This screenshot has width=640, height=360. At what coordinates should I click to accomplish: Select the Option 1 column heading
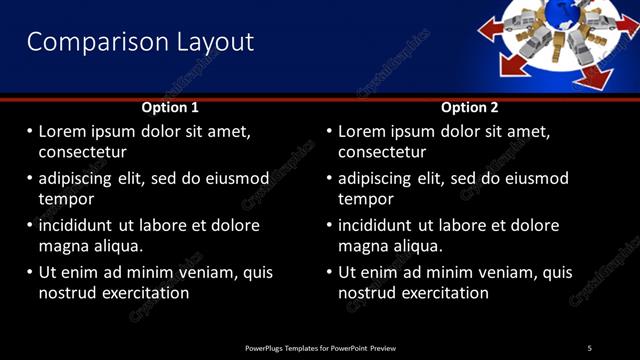[170, 107]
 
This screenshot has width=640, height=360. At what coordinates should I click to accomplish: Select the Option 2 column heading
[469, 107]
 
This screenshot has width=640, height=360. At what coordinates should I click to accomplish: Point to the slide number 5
[589, 348]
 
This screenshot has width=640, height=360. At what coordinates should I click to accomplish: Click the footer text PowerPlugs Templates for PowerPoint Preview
[320, 348]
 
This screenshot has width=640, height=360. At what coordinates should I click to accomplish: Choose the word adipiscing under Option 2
[374, 179]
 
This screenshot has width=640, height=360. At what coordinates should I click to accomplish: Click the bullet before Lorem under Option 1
[29, 132]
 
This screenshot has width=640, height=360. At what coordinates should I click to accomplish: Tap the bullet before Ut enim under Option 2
[329, 272]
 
